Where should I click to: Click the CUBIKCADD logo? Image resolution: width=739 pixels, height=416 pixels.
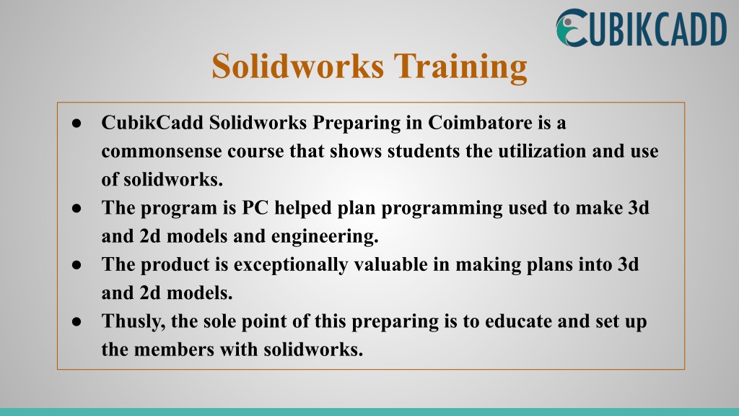(x=641, y=28)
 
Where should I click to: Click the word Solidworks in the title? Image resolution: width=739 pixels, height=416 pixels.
(x=297, y=66)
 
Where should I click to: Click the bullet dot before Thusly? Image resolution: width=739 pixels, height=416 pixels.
(x=75, y=321)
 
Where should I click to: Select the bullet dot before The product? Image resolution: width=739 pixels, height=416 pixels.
(x=75, y=265)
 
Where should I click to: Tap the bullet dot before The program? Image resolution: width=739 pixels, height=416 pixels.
(x=75, y=209)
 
